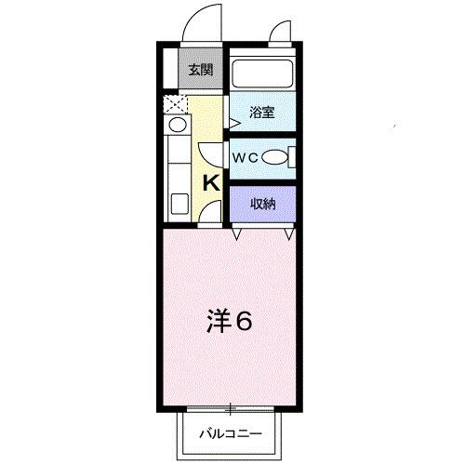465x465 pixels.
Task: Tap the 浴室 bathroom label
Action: (x=261, y=113)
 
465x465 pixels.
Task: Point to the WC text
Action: (x=245, y=157)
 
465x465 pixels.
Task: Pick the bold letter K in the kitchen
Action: (x=211, y=182)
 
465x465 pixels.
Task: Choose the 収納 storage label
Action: (x=261, y=203)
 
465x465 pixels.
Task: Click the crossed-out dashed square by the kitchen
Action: (x=174, y=103)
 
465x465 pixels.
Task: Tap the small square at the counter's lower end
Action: (x=177, y=202)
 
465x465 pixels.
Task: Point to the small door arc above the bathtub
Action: (x=278, y=33)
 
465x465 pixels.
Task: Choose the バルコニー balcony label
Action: (x=231, y=433)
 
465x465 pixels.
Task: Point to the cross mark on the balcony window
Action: (x=231, y=408)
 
